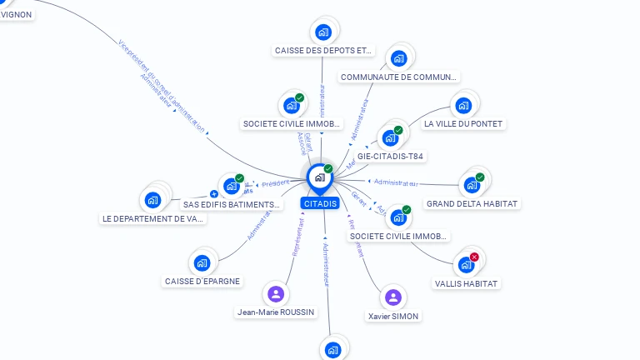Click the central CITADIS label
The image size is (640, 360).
tap(320, 203)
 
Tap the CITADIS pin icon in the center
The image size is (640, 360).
tap(319, 177)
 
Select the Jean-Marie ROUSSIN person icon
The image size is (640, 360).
tap(276, 294)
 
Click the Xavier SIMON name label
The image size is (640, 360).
tap(393, 316)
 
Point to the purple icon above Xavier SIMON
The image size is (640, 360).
tap(393, 297)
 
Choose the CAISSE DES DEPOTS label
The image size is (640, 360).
tap(323, 51)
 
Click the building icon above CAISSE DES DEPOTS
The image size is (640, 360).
tap(323, 32)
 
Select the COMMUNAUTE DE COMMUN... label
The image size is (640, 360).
tap(398, 77)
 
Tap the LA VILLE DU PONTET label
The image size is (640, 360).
tap(463, 123)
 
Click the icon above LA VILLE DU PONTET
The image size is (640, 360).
tap(462, 106)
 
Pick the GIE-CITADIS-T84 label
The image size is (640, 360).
tap(390, 156)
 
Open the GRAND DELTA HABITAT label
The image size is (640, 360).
tap(472, 203)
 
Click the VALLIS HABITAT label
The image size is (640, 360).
tap(467, 283)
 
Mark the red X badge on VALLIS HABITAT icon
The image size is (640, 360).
tap(474, 257)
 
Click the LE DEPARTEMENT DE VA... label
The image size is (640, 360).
tap(153, 218)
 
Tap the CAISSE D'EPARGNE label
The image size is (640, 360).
tap(202, 281)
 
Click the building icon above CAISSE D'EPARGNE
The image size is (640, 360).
tap(202, 263)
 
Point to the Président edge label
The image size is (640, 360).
tap(275, 182)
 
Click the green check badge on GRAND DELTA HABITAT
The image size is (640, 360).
tap(480, 177)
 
